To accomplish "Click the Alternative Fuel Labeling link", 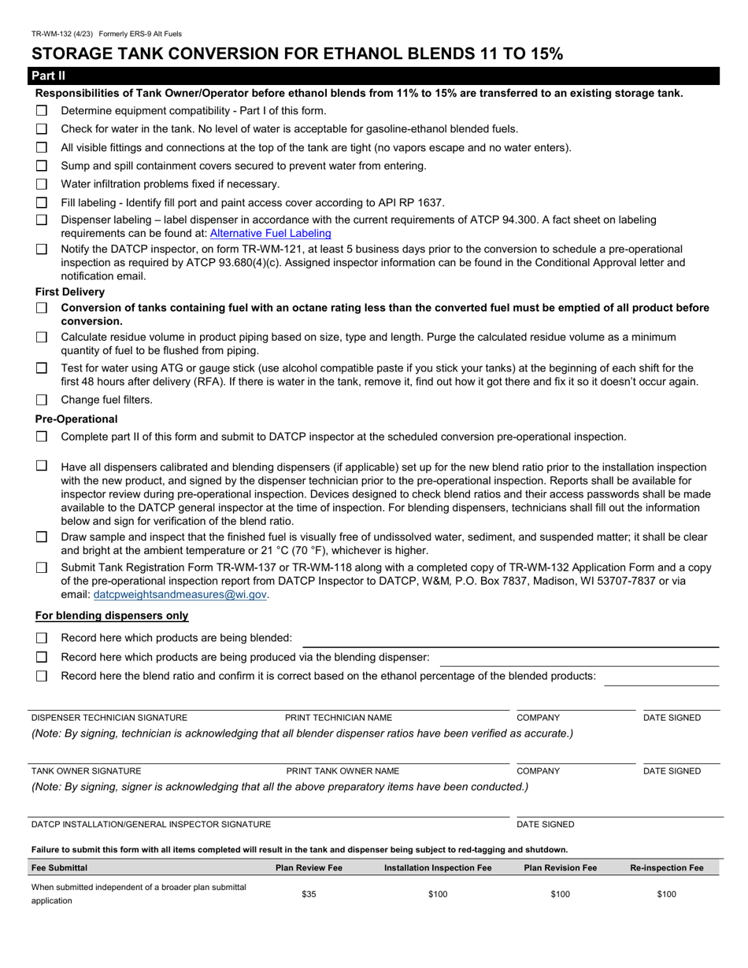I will pos(270,234).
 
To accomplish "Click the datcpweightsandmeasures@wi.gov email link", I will pos(180,595).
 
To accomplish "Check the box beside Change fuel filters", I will pos(42,400).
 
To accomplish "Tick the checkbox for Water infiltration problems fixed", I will pos(42,184).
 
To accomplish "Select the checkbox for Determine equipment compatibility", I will pos(42,111).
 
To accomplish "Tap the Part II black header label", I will pos(48,76).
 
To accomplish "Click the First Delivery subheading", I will pos(70,292).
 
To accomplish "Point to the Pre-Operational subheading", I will pos(76,419).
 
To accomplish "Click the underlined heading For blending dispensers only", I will pos(112,615).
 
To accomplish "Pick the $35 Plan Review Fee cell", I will pos(309,894).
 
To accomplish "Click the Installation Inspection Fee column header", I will pos(438,868).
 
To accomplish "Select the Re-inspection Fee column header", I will pos(666,868).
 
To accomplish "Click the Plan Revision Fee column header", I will pos(560,868).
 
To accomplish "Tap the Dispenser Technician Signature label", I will pos(109,718).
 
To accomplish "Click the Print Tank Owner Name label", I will pos(343,771).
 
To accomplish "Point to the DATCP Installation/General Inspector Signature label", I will pos(151,825).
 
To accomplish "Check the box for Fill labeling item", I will pos(42,203).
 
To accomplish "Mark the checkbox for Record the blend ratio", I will pos(42,676).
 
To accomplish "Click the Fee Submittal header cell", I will pos(59,868).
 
